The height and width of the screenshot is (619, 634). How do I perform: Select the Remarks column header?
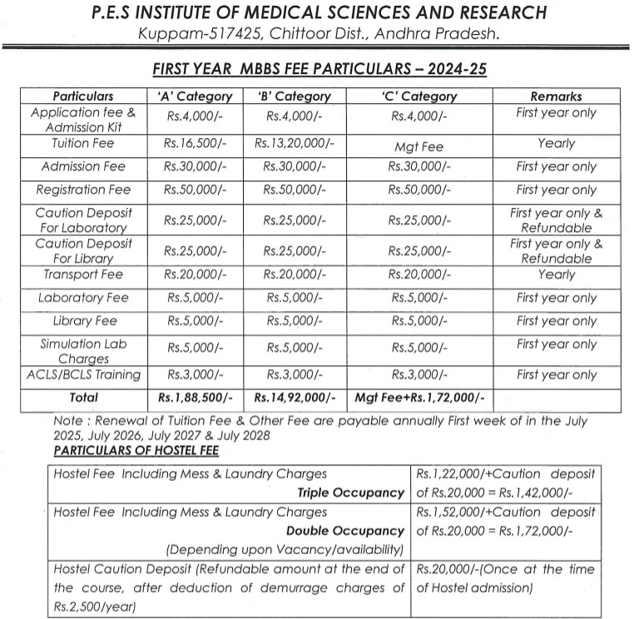(556, 97)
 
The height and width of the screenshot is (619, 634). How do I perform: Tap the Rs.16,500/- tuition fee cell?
(195, 143)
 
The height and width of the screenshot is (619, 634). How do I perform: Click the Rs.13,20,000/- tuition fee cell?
(294, 143)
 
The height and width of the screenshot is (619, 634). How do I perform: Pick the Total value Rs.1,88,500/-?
(195, 398)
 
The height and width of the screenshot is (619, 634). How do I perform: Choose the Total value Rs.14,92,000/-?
(295, 398)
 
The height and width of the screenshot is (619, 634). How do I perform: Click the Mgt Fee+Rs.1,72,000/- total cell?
(420, 398)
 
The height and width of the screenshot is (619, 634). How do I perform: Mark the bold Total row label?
(83, 398)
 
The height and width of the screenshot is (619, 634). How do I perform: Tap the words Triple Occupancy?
(350, 493)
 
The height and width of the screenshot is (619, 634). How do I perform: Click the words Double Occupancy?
(344, 531)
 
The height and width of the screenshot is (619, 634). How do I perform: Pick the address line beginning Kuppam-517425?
(319, 34)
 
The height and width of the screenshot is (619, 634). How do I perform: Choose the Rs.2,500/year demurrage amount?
(93, 607)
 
